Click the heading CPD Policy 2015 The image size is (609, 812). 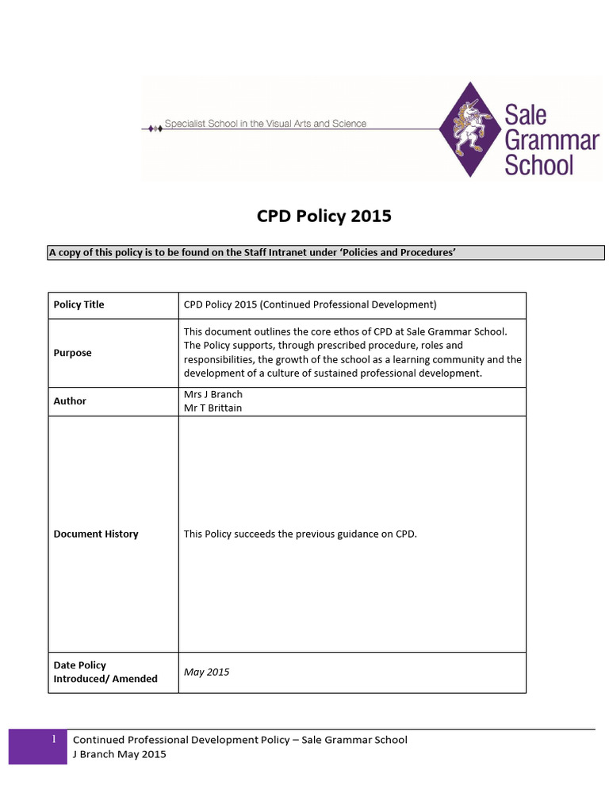tap(324, 216)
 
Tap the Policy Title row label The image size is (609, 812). tap(79, 304)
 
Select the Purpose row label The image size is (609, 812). tap(72, 353)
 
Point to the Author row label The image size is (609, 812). tap(70, 401)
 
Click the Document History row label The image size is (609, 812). tap(95, 534)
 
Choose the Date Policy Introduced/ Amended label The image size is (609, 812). tap(105, 672)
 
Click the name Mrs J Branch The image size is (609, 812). tap(213, 394)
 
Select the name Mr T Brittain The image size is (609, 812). tap(213, 408)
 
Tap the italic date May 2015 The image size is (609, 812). tap(206, 672)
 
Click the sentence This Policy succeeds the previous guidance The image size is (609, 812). tap(300, 534)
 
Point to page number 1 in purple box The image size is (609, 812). tap(53, 739)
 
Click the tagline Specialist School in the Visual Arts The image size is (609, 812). tap(265, 124)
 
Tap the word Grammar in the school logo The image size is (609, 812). tap(551, 140)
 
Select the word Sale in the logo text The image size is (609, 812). tap(526, 114)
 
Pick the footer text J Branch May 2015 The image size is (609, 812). tap(119, 754)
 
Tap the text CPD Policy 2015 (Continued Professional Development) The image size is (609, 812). tap(310, 304)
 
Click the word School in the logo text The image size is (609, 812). tap(538, 166)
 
